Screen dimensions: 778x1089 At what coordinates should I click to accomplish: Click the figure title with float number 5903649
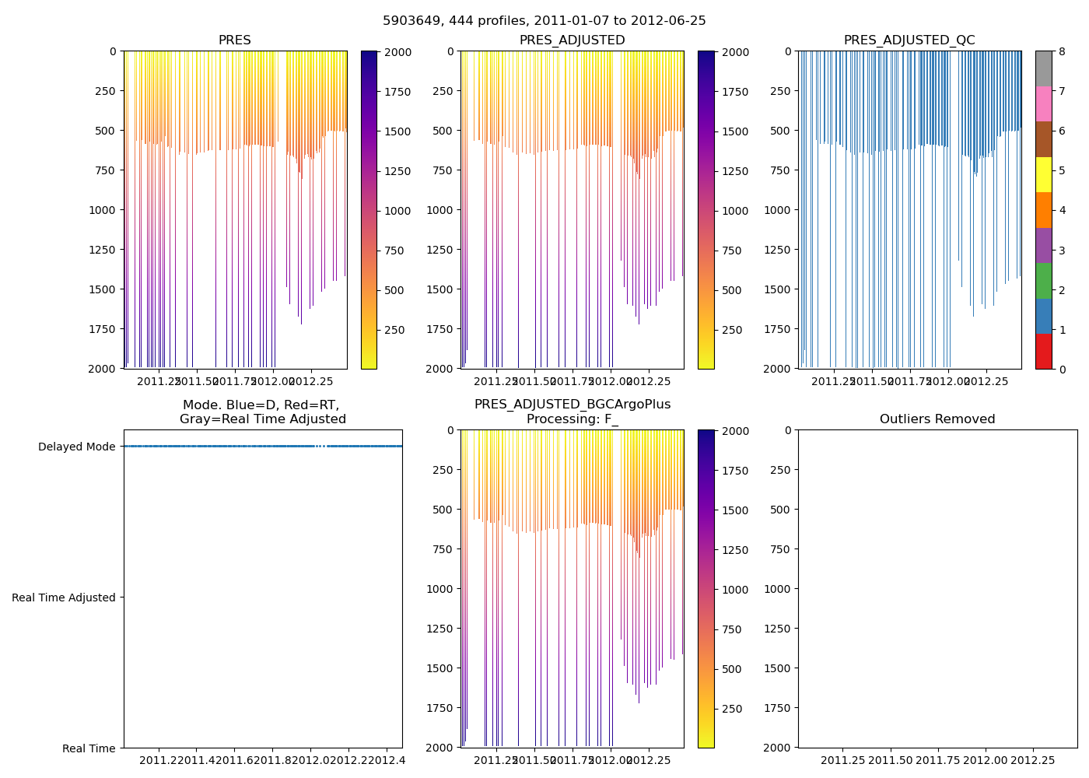point(544,21)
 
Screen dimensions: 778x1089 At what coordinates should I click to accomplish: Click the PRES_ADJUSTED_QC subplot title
point(909,40)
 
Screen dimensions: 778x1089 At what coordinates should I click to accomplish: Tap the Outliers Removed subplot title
point(937,419)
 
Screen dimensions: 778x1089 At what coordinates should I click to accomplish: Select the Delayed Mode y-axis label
point(76,447)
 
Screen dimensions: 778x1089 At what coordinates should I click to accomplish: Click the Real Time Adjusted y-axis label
point(64,598)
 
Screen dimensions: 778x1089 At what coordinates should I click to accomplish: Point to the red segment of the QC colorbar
point(1043,352)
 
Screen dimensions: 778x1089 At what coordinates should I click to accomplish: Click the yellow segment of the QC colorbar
point(1043,175)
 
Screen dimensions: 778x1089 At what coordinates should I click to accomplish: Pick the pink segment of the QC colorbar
point(1043,103)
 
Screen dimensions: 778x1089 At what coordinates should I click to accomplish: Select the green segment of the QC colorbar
point(1043,281)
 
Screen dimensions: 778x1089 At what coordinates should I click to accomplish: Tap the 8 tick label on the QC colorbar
point(1062,52)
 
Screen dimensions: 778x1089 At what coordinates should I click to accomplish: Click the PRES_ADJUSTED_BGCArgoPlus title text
point(573,405)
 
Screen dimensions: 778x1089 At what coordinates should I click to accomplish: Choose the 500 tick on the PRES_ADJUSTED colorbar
point(732,290)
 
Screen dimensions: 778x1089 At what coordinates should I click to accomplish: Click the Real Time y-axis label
point(89,748)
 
